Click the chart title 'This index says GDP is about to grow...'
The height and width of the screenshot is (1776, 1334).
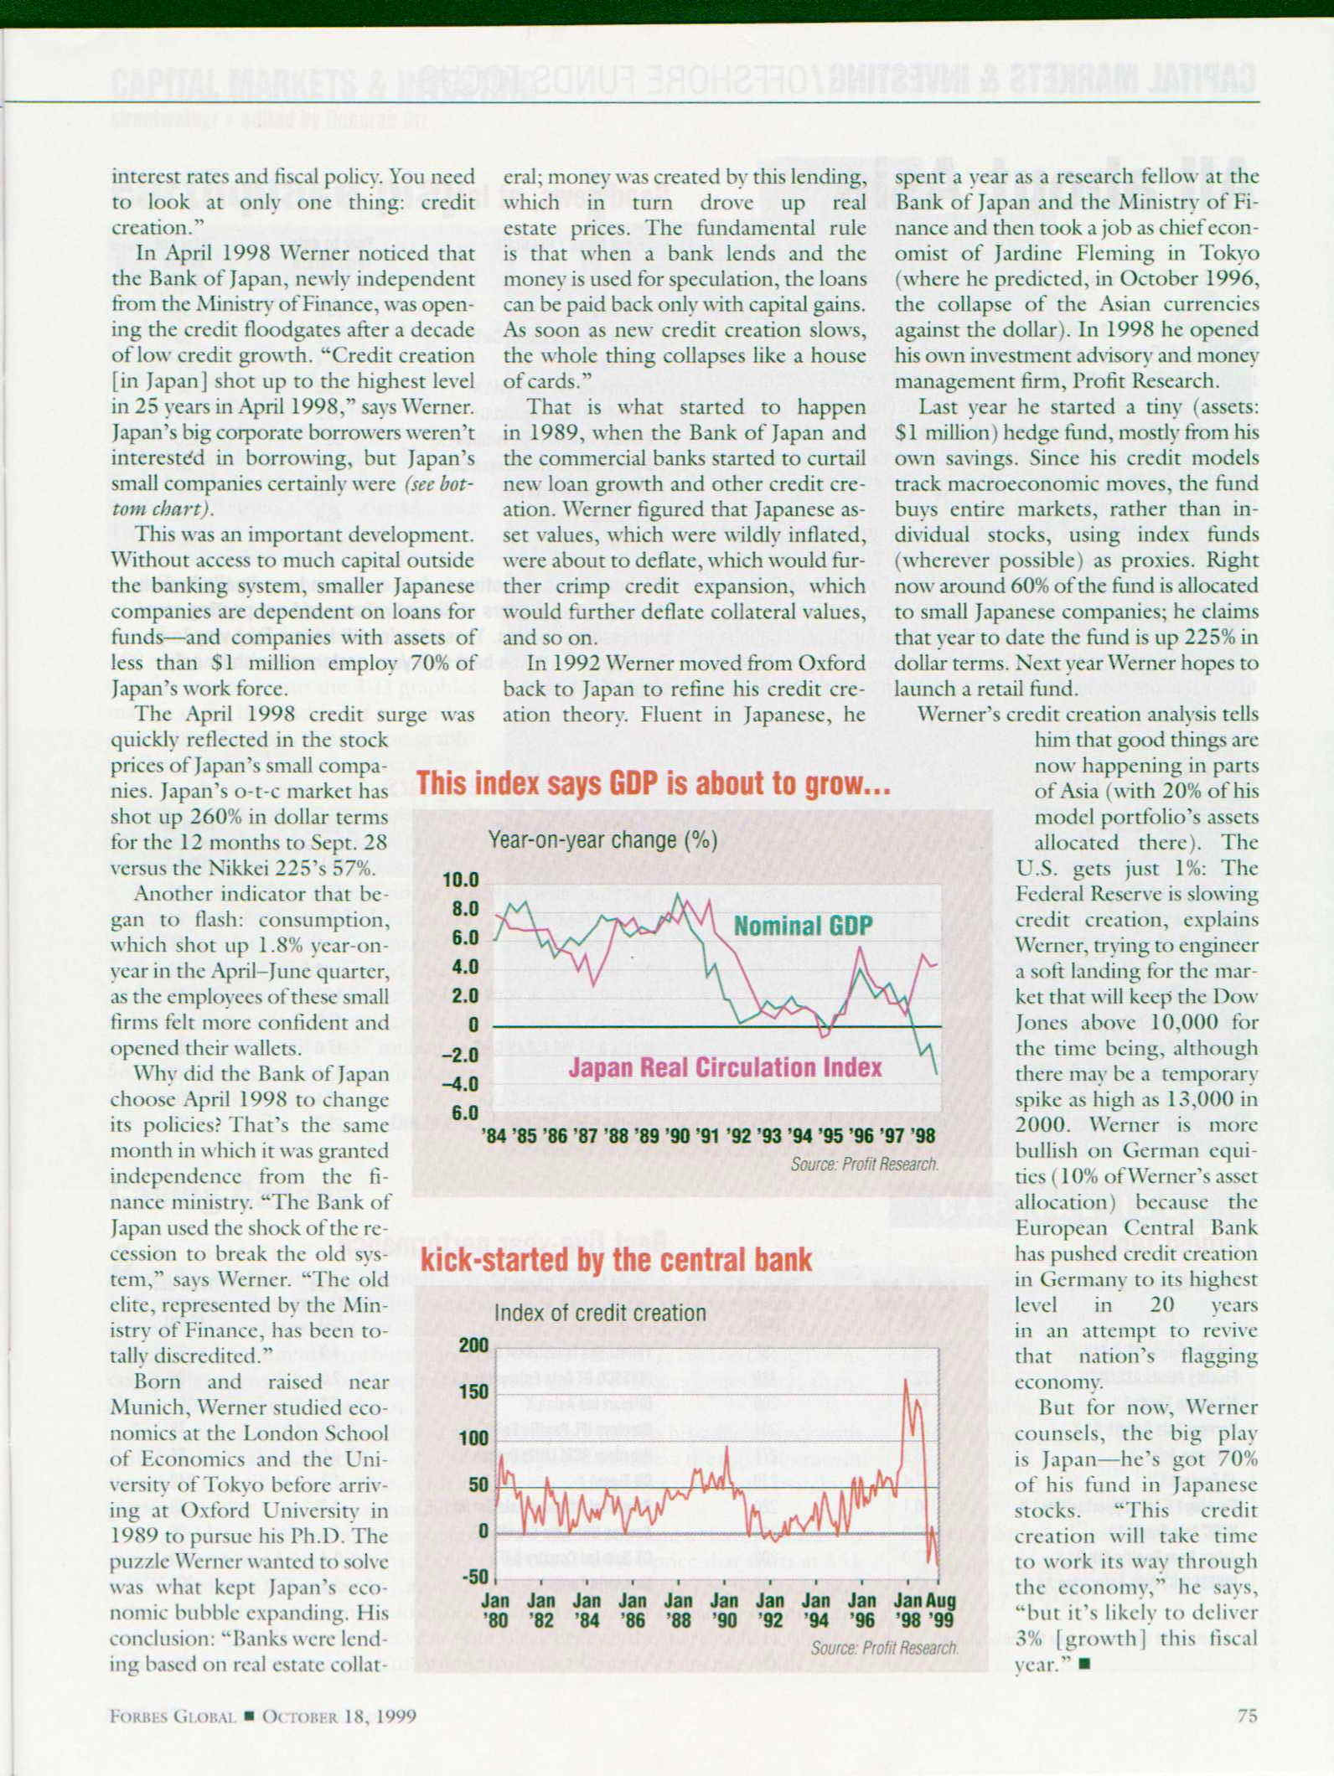653,784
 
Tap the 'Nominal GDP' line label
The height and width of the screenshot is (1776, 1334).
803,926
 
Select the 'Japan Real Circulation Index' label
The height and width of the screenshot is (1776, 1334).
725,1067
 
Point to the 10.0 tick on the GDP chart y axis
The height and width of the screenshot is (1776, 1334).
462,880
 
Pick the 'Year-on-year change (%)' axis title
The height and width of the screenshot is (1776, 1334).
602,840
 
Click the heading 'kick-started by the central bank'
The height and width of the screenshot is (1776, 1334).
616,1261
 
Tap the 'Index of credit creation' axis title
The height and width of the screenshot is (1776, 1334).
600,1313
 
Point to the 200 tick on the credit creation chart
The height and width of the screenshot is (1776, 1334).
473,1345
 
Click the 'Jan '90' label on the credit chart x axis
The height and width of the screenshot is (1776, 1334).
724,1609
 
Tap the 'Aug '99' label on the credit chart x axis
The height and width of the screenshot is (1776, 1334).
942,1609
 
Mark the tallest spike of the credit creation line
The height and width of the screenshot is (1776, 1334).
906,1380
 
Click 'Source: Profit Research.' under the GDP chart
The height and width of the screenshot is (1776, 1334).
864,1164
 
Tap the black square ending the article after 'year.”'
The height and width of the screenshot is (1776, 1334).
1084,1665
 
